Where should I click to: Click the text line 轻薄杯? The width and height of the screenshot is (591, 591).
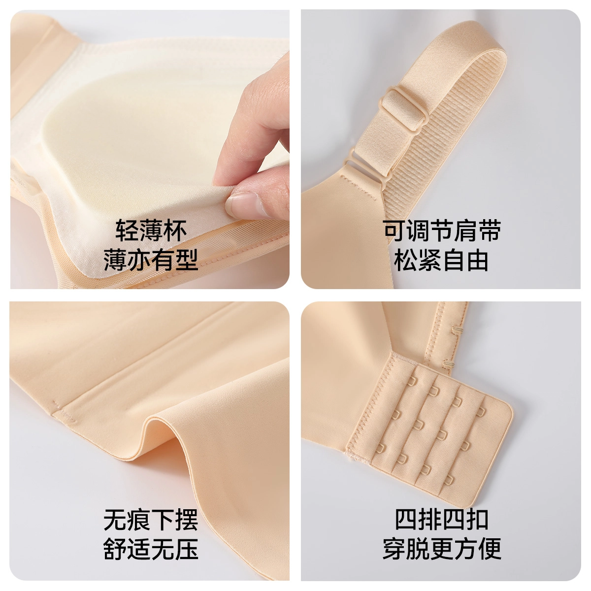point(151,230)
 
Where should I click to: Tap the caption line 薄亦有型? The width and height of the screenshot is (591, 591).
point(151,261)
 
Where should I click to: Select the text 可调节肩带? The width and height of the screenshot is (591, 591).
point(442,230)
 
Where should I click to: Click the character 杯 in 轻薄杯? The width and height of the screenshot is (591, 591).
point(175,230)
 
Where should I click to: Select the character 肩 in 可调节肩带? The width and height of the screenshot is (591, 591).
point(466,230)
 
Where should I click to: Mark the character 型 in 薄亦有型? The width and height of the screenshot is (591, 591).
point(187,261)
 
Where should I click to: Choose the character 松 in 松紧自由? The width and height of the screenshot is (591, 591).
point(405,261)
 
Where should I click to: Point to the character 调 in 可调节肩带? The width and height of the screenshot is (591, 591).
point(418,230)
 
